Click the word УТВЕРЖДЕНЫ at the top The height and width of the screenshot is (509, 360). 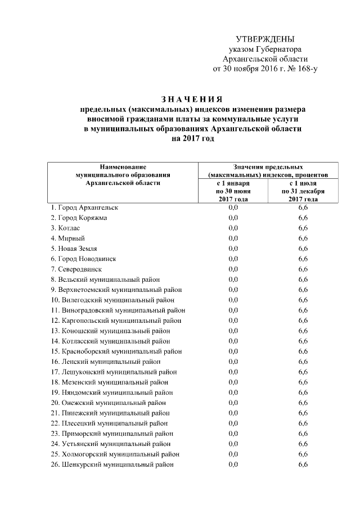[265, 39]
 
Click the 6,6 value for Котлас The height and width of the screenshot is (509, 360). [303, 228]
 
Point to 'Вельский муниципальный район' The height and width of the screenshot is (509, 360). [105, 279]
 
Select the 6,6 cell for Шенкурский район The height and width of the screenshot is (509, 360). [303, 465]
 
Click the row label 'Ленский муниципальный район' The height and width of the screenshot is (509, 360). [106, 362]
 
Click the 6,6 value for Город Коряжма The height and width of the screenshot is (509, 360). [303, 218]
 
